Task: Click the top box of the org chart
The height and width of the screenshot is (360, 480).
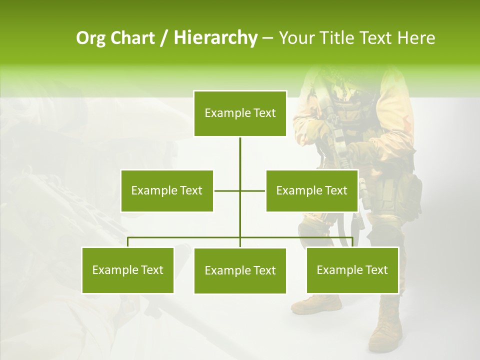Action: [x=240, y=113]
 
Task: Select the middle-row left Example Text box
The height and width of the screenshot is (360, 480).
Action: [x=167, y=190]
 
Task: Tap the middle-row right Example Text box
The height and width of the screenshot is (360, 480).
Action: [x=312, y=190]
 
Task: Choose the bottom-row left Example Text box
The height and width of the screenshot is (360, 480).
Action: [x=128, y=270]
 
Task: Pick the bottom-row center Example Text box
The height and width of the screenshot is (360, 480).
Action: [x=240, y=270]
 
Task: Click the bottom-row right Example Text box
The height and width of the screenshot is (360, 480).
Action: [x=352, y=270]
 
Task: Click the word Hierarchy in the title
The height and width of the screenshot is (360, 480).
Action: [x=215, y=38]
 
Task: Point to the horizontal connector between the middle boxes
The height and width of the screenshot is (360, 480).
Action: [x=227, y=190]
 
